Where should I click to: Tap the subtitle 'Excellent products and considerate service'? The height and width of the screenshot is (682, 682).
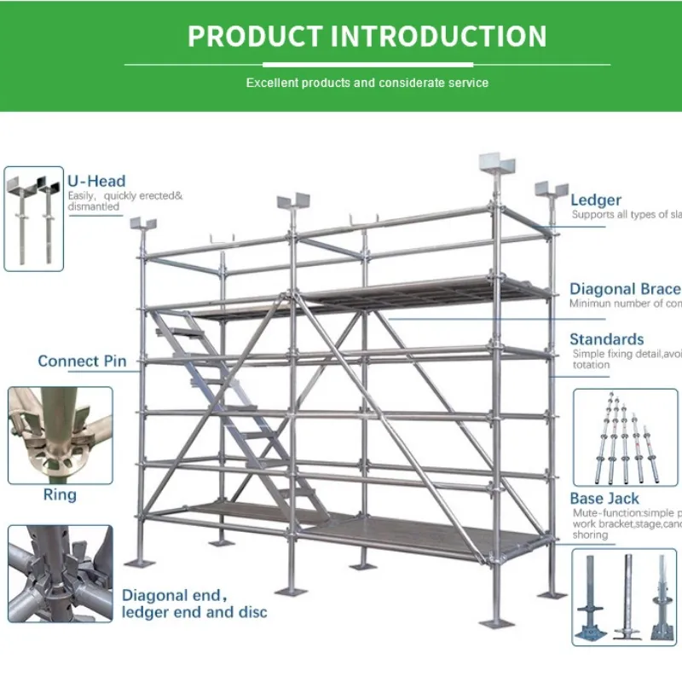click(367, 83)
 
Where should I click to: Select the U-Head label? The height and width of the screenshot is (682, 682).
click(96, 181)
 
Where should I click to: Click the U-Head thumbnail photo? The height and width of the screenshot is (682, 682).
click(34, 219)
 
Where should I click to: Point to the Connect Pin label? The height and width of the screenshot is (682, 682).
click(82, 361)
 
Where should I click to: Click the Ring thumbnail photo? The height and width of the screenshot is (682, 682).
click(60, 436)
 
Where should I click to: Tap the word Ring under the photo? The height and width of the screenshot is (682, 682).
click(60, 495)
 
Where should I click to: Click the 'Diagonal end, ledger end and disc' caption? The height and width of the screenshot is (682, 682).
click(194, 604)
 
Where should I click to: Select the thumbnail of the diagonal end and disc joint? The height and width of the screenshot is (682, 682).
click(60, 573)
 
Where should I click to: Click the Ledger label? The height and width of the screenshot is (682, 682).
click(596, 200)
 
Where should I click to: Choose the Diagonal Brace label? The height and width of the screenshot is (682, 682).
click(625, 289)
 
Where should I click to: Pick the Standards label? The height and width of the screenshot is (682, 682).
click(608, 339)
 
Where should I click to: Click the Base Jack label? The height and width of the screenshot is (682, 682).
click(604, 499)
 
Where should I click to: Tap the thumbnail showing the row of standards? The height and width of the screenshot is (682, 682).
click(625, 436)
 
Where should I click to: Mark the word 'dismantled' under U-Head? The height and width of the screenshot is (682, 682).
click(95, 207)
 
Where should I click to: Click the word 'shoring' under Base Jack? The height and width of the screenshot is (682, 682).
click(590, 535)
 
